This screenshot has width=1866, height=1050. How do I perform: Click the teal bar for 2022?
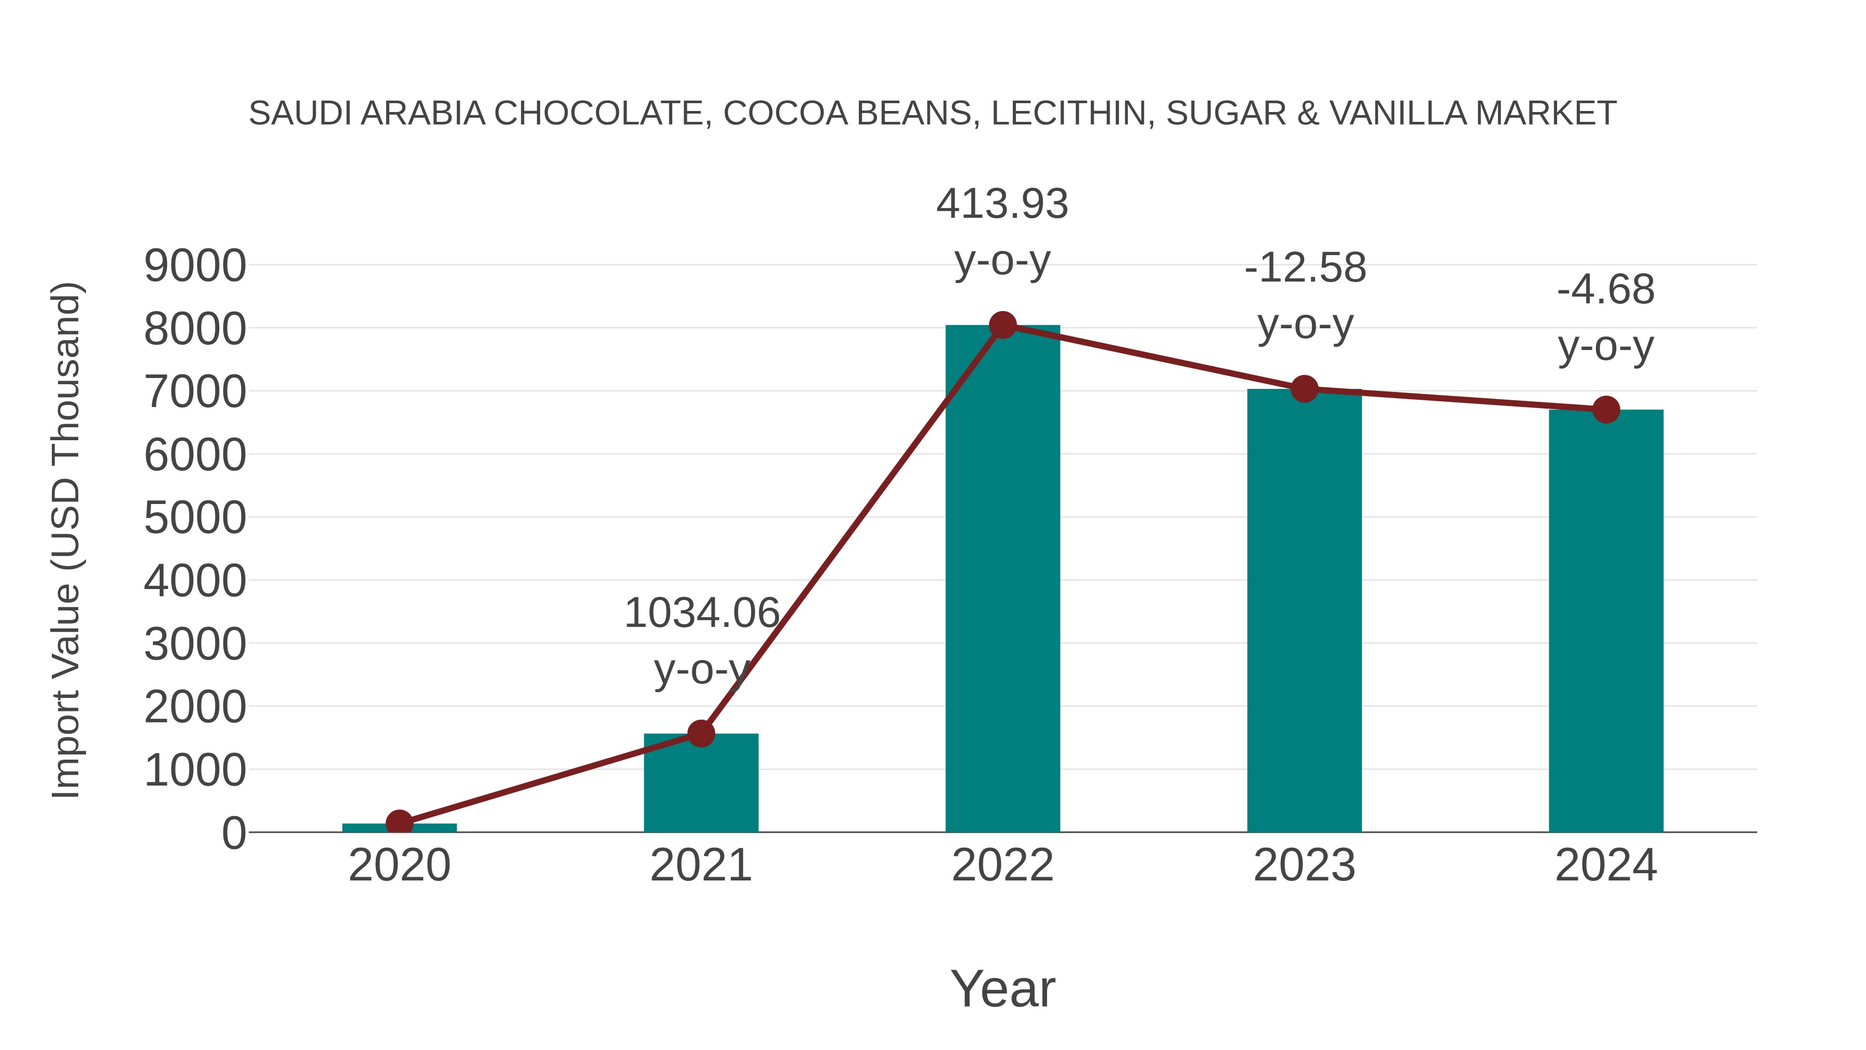(1002, 580)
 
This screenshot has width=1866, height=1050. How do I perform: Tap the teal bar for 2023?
(1304, 612)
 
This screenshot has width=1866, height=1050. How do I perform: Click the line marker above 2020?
(399, 823)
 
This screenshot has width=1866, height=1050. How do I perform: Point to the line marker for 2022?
(1002, 325)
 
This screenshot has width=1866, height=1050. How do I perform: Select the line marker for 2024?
(1606, 410)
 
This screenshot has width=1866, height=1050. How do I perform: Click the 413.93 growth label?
(1002, 204)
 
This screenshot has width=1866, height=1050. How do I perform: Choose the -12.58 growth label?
(1305, 268)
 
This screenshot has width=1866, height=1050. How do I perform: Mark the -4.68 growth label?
(1605, 290)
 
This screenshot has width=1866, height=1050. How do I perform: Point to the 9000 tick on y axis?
(195, 266)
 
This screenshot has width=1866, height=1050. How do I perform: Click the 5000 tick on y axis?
(195, 518)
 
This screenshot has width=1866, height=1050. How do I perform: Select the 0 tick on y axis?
(233, 833)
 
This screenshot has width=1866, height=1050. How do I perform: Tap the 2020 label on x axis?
(399, 866)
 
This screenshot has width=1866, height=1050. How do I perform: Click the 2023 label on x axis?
(1304, 866)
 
